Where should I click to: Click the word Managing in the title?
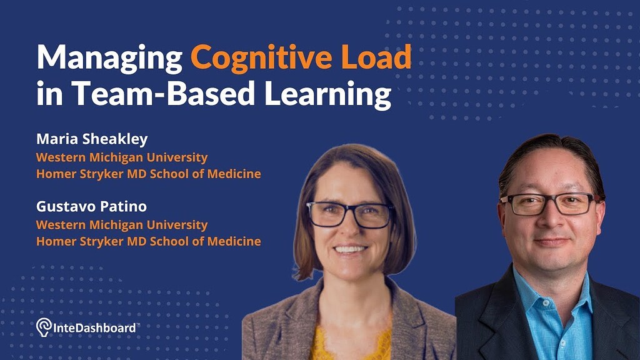click(x=109, y=58)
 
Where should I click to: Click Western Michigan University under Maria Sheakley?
click(x=121, y=157)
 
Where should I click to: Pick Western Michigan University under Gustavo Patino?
click(x=121, y=224)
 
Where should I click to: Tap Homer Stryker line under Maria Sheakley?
click(x=148, y=174)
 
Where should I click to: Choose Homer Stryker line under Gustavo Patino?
click(x=148, y=241)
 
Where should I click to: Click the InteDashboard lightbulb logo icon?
click(x=43, y=326)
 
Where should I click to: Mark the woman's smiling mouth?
click(x=351, y=249)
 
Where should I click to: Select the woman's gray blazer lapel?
click(x=294, y=325)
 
